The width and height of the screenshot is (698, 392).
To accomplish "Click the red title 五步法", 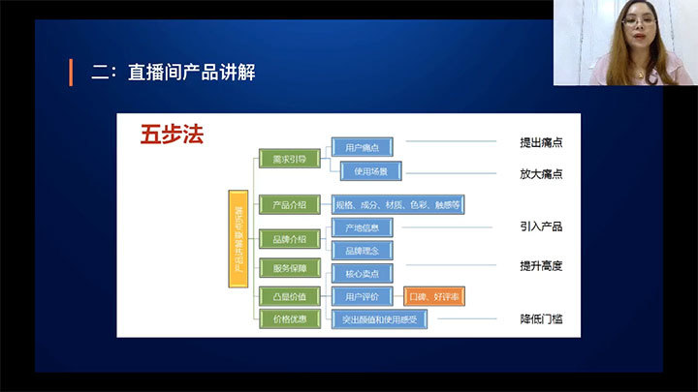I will click(171, 133).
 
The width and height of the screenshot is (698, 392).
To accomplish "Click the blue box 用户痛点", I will click(362, 148).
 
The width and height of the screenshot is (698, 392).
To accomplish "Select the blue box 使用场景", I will click(370, 171).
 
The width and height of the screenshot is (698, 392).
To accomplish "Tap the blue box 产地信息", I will click(362, 227).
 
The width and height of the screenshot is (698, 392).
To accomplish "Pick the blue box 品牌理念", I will click(362, 251).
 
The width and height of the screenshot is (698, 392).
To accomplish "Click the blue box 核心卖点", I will click(362, 273).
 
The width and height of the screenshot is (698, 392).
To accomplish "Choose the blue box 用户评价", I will click(362, 296).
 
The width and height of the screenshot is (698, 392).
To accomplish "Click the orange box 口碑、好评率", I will click(434, 296).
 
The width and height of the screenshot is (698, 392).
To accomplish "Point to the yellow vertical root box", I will click(238, 238).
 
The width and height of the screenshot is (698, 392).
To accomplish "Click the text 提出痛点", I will click(541, 143).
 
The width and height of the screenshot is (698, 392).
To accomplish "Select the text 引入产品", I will click(541, 226).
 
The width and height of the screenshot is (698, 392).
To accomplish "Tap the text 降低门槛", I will click(541, 318).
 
